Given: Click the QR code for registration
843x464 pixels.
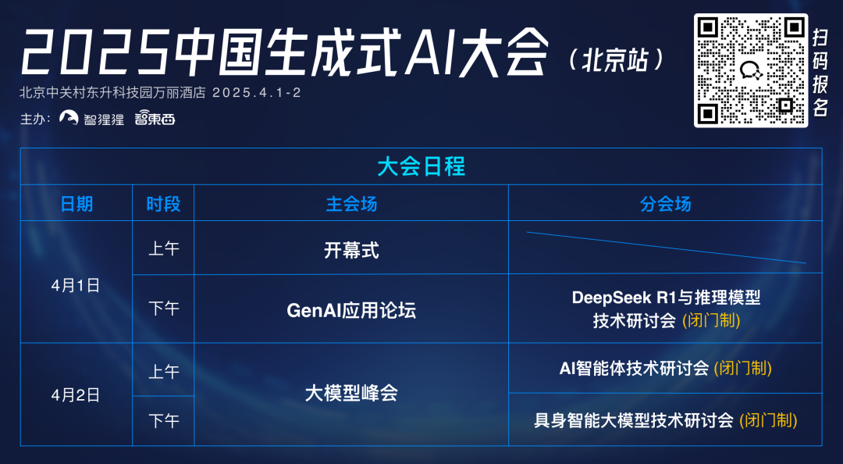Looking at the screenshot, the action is point(751,70).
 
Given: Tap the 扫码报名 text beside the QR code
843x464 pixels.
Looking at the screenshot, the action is point(820,73).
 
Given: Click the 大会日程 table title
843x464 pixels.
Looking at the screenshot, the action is point(421,167).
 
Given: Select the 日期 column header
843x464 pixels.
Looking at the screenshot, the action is point(76,204).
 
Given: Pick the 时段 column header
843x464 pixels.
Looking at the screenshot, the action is point(163,204).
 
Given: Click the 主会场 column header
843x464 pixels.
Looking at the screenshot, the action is point(351,204).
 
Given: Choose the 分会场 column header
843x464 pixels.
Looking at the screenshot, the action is point(665,204).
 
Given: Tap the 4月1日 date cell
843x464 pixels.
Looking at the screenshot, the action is point(76,285).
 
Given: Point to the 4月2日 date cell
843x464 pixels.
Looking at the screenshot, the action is point(76,395).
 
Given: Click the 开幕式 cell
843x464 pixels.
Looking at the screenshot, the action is point(351,250).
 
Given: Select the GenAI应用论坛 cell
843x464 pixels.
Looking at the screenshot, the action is point(351,311).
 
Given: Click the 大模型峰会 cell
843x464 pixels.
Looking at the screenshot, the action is point(351,394).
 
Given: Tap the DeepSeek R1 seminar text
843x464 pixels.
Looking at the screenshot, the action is point(666,309).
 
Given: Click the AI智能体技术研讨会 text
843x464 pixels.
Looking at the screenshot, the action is point(635,368).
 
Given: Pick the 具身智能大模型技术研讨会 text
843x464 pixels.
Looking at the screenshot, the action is point(634,419).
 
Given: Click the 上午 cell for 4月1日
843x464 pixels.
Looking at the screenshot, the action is point(163,248).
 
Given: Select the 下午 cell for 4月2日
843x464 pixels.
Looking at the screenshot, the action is point(163,421).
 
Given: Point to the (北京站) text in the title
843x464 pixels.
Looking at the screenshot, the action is point(616,60).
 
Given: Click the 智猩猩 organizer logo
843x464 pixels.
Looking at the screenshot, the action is point(91,118).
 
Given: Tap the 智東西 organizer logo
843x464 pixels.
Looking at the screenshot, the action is point(155,117).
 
